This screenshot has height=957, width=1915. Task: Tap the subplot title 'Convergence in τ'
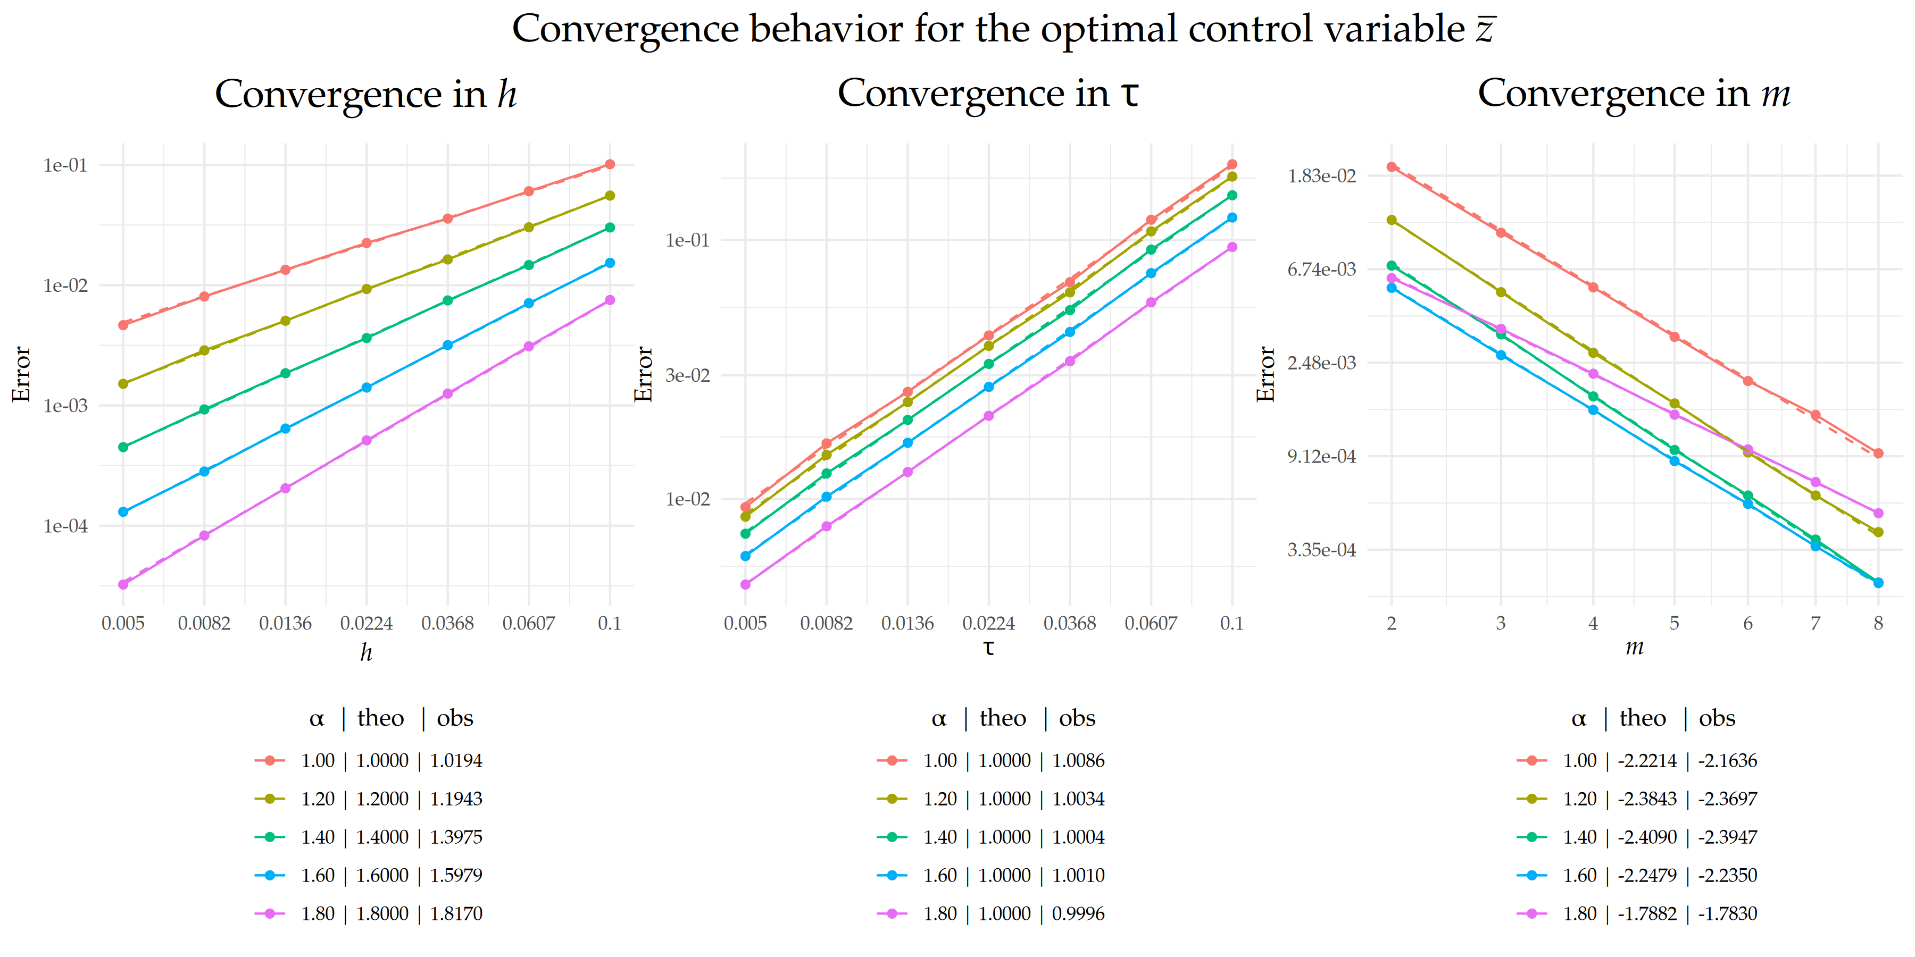click(987, 94)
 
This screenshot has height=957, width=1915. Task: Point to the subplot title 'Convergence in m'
click(1633, 94)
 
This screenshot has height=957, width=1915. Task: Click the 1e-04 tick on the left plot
click(65, 526)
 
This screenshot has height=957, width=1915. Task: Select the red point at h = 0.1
click(610, 164)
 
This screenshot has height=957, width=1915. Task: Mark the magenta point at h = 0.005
click(123, 585)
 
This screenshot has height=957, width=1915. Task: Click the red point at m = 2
click(1392, 167)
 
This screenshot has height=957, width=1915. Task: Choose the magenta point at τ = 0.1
click(1232, 247)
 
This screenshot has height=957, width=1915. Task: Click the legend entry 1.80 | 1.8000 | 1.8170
click(391, 914)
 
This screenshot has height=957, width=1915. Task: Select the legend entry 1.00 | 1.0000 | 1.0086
click(1013, 761)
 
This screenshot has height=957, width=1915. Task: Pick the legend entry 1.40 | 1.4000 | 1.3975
click(391, 837)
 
